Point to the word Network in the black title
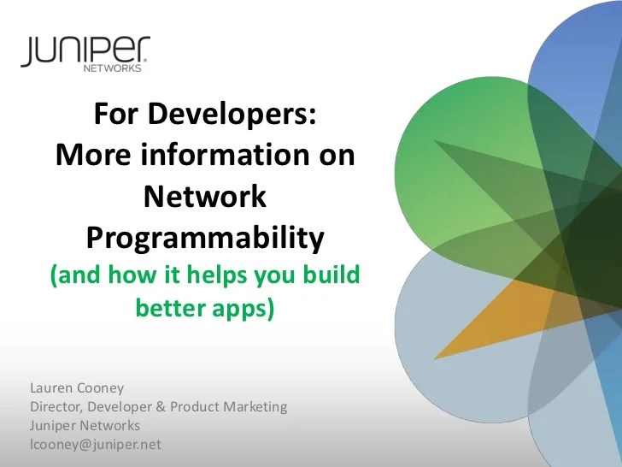(205, 198)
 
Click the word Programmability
(205, 238)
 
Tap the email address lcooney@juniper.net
(95, 444)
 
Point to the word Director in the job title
(56, 406)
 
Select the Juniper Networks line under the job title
(85, 425)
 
